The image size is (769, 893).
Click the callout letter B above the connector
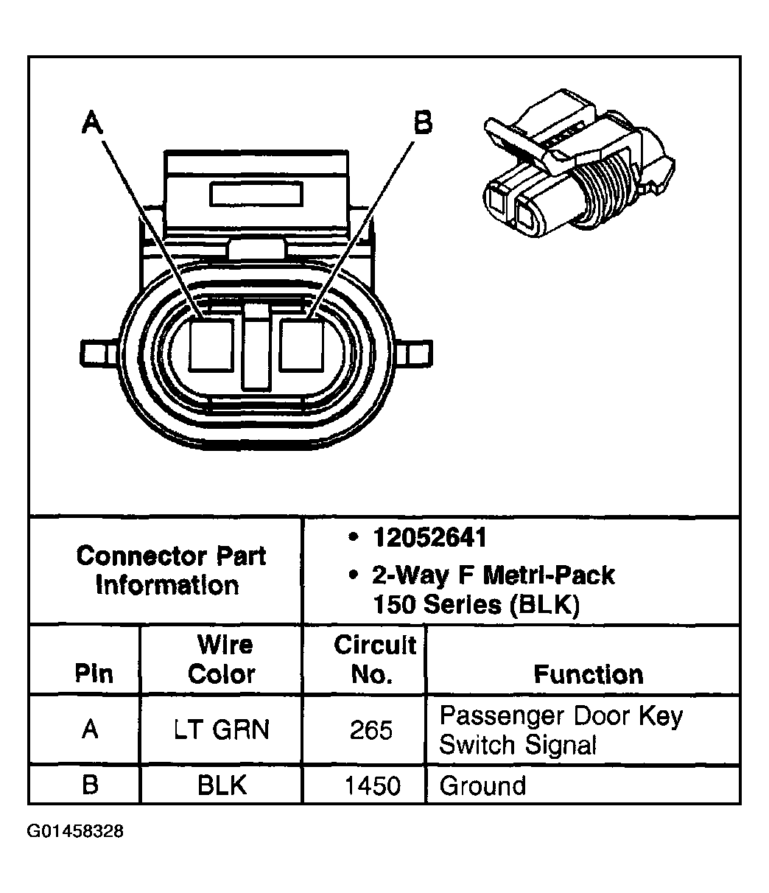pos(422,122)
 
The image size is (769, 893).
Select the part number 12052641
pos(430,538)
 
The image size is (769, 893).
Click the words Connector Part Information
pos(170,571)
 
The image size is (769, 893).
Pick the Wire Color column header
pos(222,659)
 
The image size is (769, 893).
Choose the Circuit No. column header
pos(374,659)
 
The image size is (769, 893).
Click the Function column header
pos(588,674)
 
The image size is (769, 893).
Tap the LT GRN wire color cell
pos(222,729)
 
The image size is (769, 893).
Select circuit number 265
pos(371,730)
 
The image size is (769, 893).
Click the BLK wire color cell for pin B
pos(222,785)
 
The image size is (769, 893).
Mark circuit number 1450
pos(372,786)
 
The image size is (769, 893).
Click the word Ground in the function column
pos(482,785)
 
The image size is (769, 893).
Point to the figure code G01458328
pos(76,832)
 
